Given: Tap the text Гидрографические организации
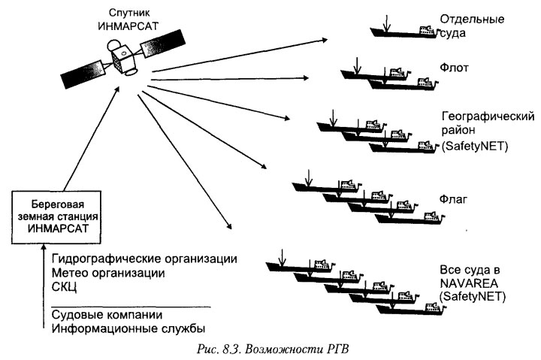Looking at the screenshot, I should click(x=145, y=259).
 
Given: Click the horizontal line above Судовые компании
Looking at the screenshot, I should click(x=128, y=305).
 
